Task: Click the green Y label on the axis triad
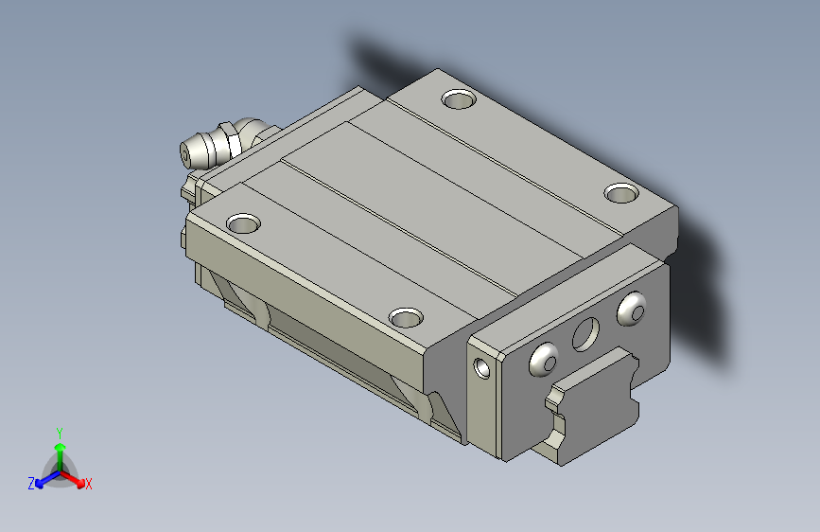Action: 60,434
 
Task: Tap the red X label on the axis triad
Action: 88,484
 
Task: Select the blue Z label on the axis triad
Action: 31,484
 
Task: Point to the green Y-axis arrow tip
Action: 61,447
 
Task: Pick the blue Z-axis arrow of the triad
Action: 48,479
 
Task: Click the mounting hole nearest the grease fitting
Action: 243,223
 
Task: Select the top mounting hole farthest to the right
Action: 621,193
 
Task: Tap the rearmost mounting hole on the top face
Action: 459,98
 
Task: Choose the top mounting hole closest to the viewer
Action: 406,317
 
